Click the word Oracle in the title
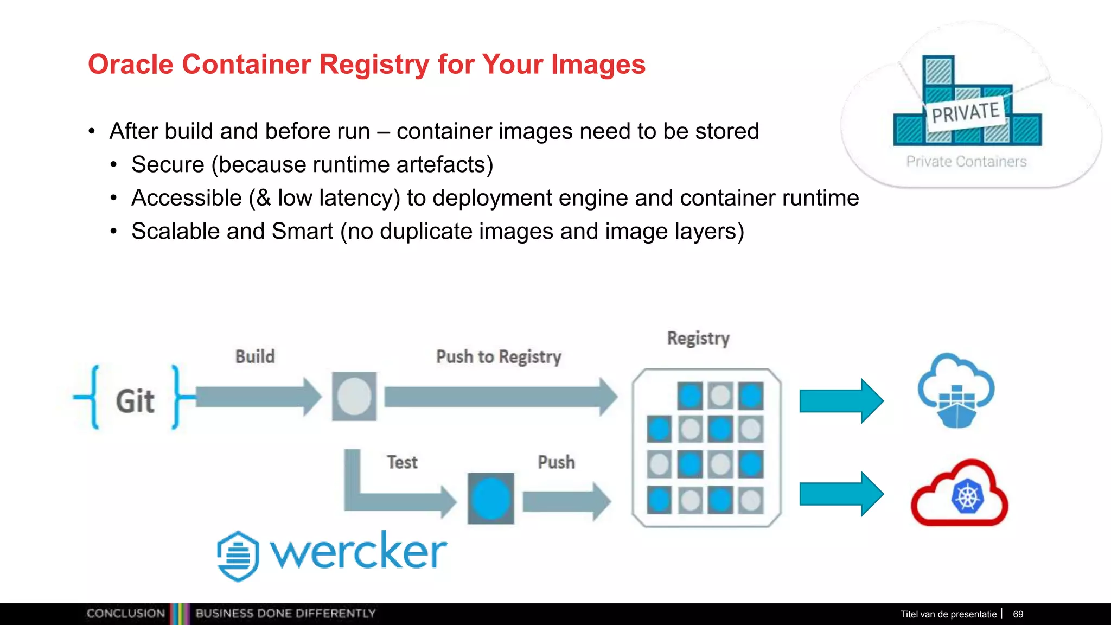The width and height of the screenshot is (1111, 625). pos(130,64)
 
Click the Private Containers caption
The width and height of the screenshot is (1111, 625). pos(966,161)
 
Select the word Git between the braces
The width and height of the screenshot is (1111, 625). pos(135,401)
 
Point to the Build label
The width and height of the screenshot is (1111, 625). pos(255,356)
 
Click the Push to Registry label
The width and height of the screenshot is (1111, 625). pos(499,356)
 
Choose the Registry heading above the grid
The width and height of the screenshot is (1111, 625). pos(698,338)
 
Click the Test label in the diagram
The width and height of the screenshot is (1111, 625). pos(402,462)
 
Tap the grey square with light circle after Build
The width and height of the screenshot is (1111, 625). pos(354,397)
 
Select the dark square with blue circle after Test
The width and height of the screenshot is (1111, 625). pos(491,499)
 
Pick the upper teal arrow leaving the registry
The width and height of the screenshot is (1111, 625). pos(841,401)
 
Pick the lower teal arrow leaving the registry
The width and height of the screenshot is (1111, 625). pos(841,494)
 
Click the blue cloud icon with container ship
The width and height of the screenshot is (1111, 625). pos(956,391)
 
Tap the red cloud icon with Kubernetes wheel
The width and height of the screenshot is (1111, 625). pos(959,494)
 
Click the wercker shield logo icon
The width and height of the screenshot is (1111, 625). pos(238,556)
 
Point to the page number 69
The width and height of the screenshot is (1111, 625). pos(1018,614)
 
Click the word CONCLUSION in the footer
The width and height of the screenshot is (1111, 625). pos(125,614)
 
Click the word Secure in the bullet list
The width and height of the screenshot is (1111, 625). pos(168,165)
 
